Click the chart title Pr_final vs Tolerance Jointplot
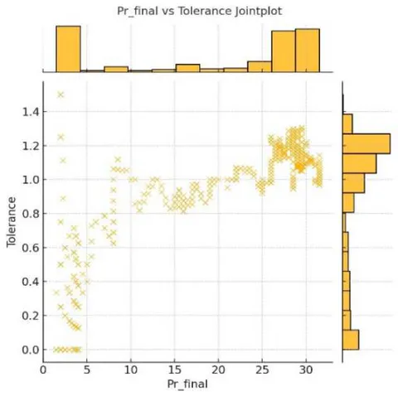coord(200,12)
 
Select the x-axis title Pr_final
coord(187,384)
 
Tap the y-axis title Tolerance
coord(12,222)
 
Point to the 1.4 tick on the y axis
coord(31,112)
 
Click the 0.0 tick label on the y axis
coord(31,350)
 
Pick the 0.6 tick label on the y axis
coord(31,248)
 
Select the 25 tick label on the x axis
coord(262,369)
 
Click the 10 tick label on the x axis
coord(131,369)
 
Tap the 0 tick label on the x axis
coord(43,369)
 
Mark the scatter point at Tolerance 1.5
coord(61,94)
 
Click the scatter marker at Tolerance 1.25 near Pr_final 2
coord(61,137)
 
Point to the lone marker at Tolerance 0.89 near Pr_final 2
coord(63,198)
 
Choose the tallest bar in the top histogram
coord(68,49)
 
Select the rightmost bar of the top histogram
coord(308,51)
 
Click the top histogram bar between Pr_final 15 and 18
coord(187,68)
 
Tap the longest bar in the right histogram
coord(366,143)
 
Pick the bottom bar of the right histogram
coord(351,340)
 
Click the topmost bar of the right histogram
coord(347,124)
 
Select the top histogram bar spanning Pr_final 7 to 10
coord(116,70)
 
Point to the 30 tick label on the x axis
coord(306,369)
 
